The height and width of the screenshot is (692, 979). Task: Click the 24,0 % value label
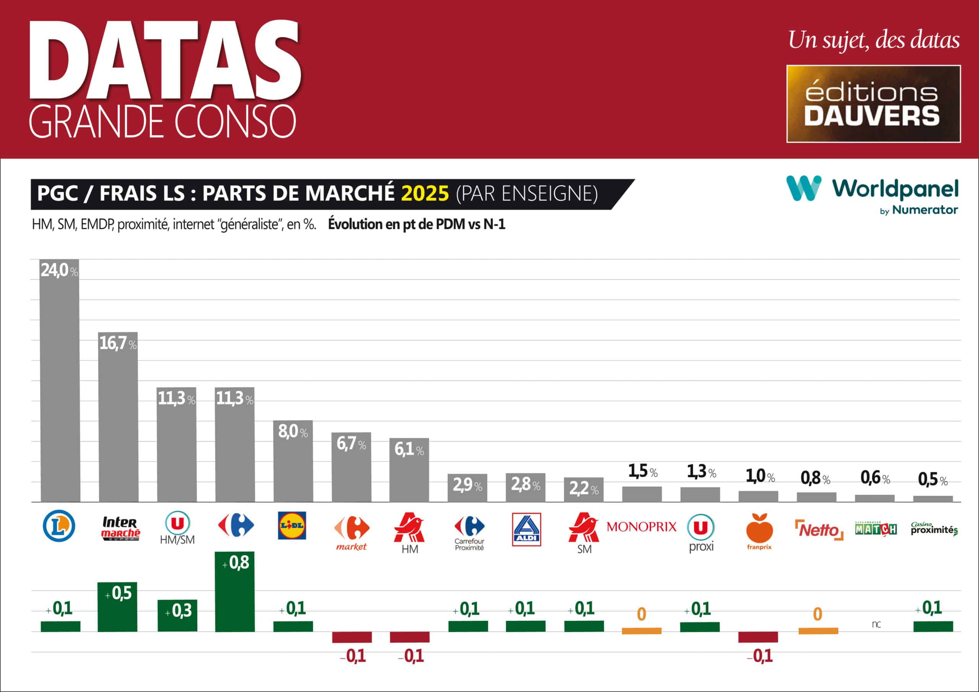click(x=59, y=270)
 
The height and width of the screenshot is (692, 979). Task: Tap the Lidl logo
click(x=292, y=525)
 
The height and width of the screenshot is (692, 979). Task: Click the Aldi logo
click(x=526, y=529)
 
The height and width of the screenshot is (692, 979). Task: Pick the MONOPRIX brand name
click(x=641, y=527)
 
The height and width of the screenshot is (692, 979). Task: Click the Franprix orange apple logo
click(x=759, y=529)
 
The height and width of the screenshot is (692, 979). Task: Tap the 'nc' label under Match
click(x=876, y=624)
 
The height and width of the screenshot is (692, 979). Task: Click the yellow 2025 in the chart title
click(x=425, y=193)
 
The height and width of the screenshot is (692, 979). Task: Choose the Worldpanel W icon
click(x=804, y=188)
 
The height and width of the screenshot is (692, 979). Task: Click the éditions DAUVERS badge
click(x=873, y=104)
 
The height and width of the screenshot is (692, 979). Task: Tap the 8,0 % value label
click(x=293, y=432)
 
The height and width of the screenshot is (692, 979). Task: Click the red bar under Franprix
click(x=758, y=637)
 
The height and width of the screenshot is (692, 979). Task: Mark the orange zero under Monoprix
click(x=641, y=614)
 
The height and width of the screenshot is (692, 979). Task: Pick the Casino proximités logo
click(x=934, y=529)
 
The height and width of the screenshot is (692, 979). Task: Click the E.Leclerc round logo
click(x=59, y=526)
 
